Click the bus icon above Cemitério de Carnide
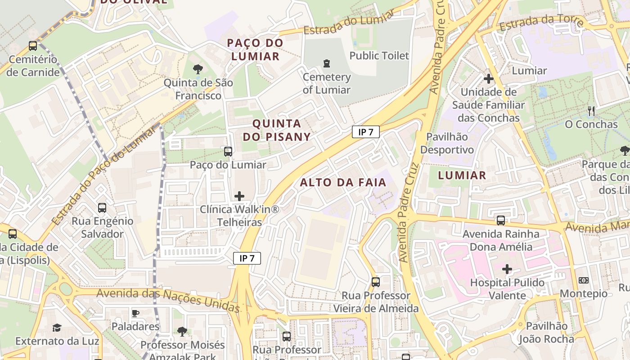click(x=32, y=46)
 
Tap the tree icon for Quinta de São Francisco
click(x=198, y=69)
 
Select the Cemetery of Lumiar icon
click(x=327, y=64)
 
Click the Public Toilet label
click(x=379, y=56)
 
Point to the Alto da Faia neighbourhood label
click(x=343, y=182)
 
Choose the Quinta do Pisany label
click(x=277, y=130)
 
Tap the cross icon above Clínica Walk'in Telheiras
click(x=239, y=196)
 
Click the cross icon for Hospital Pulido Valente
click(x=507, y=270)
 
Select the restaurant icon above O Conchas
click(x=591, y=111)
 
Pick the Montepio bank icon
click(x=584, y=280)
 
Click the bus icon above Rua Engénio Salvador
click(x=102, y=208)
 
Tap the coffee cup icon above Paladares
click(x=135, y=313)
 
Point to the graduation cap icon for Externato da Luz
click(x=57, y=328)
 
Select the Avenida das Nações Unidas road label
click(x=168, y=300)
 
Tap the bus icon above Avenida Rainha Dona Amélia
click(x=501, y=220)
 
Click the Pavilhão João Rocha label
click(x=546, y=333)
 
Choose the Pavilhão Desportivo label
click(x=447, y=143)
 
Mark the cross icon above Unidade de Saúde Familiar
click(x=488, y=79)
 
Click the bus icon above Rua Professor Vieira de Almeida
click(x=376, y=282)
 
